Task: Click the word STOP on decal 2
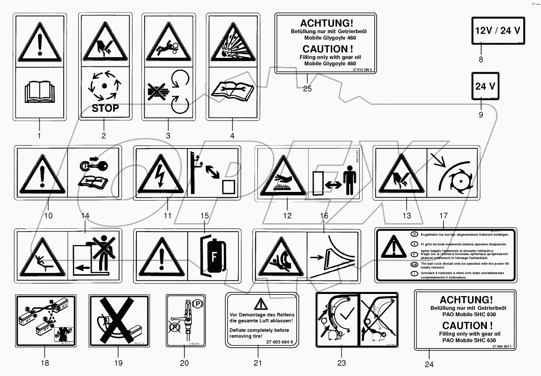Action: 105,108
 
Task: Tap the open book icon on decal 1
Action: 39,92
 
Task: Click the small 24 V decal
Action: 485,87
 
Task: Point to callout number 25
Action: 307,88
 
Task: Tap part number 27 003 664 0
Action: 280,342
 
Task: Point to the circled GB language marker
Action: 415,264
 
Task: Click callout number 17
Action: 443,216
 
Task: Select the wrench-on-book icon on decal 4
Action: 232,89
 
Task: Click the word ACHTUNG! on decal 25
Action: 326,23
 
